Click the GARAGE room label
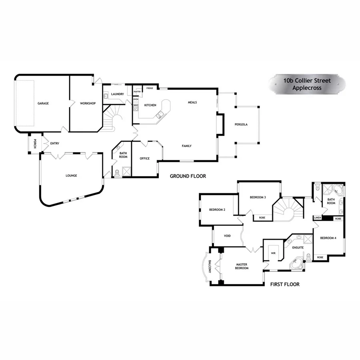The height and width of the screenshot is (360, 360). [x=43, y=103]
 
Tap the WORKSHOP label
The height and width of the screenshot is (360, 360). [x=88, y=103]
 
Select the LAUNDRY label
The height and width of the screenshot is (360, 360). [x=118, y=94]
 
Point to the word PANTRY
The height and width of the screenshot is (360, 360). [x=137, y=91]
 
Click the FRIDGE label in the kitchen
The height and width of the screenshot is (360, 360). [x=150, y=88]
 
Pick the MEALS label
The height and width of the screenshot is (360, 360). [x=192, y=102]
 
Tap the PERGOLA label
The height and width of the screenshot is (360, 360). [x=241, y=124]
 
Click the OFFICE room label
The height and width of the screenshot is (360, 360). [x=144, y=158]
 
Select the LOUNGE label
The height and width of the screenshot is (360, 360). [x=71, y=175]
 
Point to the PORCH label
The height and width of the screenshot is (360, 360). [x=35, y=143]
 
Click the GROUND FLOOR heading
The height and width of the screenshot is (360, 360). [x=188, y=176]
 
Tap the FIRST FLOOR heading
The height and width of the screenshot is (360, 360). [x=285, y=285]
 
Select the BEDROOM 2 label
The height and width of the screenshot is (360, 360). [x=217, y=210]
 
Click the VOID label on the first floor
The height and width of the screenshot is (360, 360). [x=227, y=236]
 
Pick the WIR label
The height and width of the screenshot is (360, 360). [x=274, y=253]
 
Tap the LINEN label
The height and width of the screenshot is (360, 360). [x=318, y=218]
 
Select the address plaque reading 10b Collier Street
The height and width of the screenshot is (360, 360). [x=307, y=84]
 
